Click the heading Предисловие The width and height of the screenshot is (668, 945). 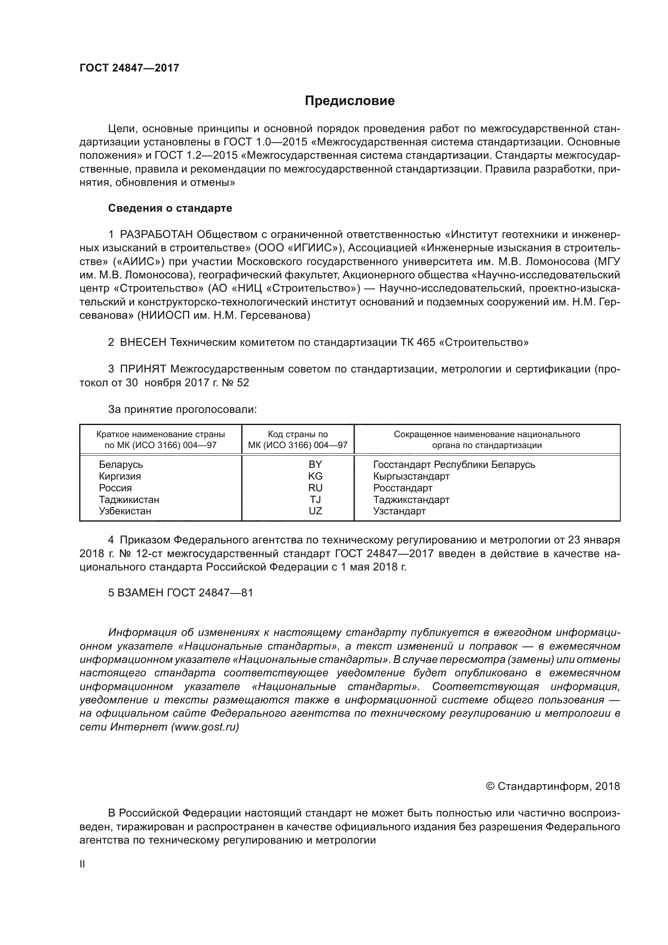(x=350, y=101)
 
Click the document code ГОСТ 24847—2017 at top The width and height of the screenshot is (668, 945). (x=129, y=68)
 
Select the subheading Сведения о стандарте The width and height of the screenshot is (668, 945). (x=170, y=208)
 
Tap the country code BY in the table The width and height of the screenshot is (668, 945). (x=315, y=465)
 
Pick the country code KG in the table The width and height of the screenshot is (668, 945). (x=315, y=476)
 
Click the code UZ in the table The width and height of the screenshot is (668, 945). (x=315, y=511)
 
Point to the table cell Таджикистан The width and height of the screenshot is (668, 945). (x=129, y=500)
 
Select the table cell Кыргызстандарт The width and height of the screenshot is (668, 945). (x=411, y=476)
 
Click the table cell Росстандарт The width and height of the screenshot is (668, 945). (x=402, y=488)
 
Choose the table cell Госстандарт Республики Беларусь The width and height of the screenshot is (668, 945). (x=454, y=465)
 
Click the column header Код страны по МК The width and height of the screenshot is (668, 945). (x=297, y=440)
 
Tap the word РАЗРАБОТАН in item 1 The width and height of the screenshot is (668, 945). (x=156, y=235)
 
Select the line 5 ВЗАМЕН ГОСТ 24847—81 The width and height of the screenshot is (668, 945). (x=180, y=593)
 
